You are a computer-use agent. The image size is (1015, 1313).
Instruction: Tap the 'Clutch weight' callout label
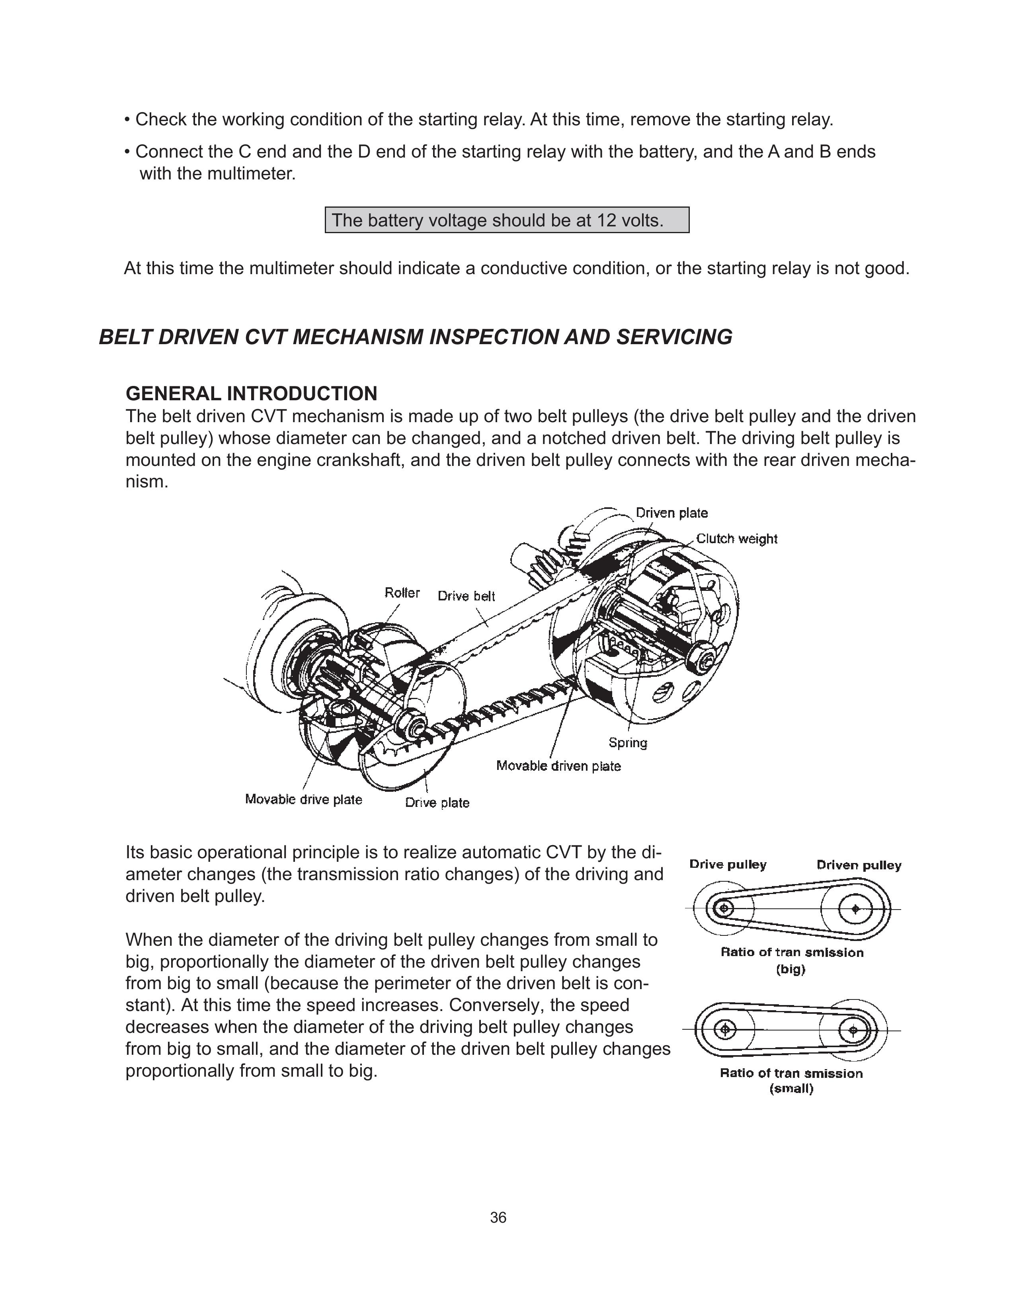[x=737, y=539]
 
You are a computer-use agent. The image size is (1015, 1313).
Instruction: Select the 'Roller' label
[x=402, y=593]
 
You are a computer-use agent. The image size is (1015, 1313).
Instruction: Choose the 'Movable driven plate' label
[x=558, y=766]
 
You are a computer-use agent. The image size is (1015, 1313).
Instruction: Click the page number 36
[x=498, y=1218]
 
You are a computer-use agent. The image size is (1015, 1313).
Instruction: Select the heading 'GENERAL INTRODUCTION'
[x=251, y=394]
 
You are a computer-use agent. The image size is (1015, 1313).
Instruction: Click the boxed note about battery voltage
[x=507, y=220]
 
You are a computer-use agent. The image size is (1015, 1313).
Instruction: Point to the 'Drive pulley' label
[x=728, y=865]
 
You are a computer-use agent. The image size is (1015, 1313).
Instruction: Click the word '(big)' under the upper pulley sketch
[x=791, y=969]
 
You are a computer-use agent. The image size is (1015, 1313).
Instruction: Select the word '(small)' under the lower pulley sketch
[x=791, y=1089]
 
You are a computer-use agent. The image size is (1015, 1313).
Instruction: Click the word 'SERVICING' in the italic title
[x=674, y=337]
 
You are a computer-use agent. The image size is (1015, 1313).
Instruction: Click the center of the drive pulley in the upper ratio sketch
[x=724, y=908]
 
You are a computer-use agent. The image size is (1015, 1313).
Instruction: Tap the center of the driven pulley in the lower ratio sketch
[x=853, y=1031]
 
